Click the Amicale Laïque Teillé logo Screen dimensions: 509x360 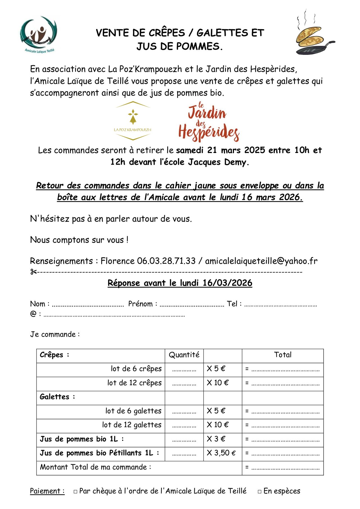(39, 34)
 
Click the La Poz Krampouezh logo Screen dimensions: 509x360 (132, 121)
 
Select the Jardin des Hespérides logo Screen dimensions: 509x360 (209, 122)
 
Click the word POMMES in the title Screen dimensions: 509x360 (197, 46)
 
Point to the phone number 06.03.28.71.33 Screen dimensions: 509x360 (166, 261)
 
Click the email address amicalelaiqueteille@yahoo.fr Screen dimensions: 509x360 (261, 261)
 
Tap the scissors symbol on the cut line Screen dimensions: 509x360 (33, 272)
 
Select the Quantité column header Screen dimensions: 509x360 (184, 355)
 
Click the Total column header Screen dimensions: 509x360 (283, 355)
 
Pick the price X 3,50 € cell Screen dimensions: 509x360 (221, 453)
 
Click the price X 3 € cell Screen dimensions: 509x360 (216, 439)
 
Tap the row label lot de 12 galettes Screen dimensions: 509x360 (132, 425)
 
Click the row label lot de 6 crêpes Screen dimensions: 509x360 (136, 369)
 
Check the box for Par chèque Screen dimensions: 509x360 (75, 492)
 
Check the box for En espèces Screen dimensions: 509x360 (260, 492)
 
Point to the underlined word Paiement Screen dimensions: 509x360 (47, 491)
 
